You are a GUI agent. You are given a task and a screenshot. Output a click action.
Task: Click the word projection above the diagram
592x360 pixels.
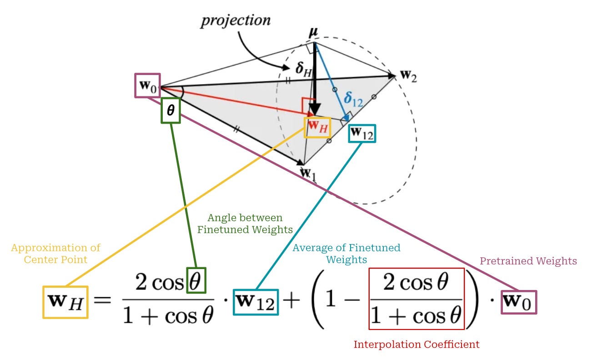[x=235, y=20]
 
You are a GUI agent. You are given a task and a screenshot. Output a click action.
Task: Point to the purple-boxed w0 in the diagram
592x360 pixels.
[x=147, y=85]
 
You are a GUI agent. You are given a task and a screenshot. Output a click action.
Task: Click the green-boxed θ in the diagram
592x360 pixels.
[x=171, y=111]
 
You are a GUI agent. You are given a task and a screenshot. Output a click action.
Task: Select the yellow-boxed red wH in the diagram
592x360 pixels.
[x=318, y=127]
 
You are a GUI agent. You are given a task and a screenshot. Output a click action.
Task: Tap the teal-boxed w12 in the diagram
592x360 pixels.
[x=362, y=133]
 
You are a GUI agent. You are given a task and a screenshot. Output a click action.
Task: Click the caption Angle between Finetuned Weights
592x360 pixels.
[x=245, y=223]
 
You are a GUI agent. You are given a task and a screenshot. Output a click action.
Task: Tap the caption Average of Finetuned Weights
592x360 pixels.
[x=346, y=254]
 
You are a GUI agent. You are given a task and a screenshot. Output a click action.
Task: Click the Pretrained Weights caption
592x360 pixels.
[x=528, y=261]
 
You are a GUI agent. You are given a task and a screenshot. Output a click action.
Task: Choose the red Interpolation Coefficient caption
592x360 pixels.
[x=416, y=344]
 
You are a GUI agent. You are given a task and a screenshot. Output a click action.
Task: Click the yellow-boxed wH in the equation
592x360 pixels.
[x=65, y=302]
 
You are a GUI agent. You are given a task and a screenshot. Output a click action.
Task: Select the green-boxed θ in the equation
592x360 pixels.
[x=196, y=281]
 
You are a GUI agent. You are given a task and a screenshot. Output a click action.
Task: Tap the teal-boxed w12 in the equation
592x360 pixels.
[x=256, y=302]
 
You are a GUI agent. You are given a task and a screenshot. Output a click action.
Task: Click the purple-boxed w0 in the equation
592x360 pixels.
[x=519, y=302]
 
